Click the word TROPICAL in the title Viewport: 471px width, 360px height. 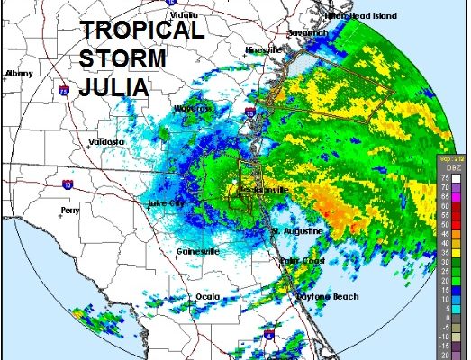[x=142, y=30]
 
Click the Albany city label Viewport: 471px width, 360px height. [x=18, y=73]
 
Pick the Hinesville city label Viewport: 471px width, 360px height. [x=264, y=50]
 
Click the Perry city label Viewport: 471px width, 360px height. [x=69, y=211]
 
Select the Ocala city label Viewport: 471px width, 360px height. [x=207, y=297]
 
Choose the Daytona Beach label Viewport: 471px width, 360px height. [x=327, y=297]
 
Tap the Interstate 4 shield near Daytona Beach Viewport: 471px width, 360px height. [x=268, y=335]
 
